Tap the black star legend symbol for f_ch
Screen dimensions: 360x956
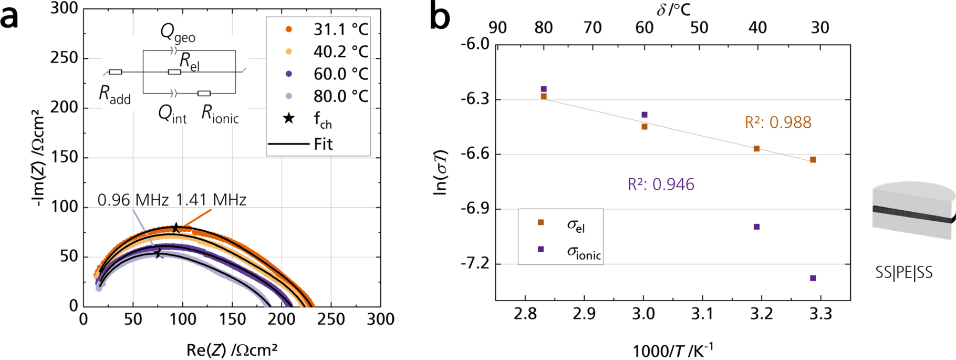[x=288, y=118]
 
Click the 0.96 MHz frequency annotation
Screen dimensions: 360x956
[x=133, y=200]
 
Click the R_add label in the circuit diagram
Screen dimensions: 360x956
[x=115, y=95]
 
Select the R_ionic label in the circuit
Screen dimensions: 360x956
[x=220, y=115]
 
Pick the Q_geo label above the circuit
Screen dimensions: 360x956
[x=178, y=33]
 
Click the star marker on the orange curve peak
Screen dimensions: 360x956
[x=176, y=228]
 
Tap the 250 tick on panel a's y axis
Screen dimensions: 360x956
[x=64, y=58]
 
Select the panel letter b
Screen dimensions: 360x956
[x=440, y=17]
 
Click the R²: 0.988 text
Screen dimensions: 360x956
[x=778, y=122]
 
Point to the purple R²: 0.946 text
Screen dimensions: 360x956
[x=661, y=184]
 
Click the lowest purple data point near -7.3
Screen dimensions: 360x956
[x=813, y=278]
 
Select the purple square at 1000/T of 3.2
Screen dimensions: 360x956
[x=756, y=227]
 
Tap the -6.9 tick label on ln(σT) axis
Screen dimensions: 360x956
[x=475, y=209]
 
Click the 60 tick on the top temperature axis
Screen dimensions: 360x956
[x=645, y=27]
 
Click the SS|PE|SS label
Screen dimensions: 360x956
[x=903, y=273]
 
